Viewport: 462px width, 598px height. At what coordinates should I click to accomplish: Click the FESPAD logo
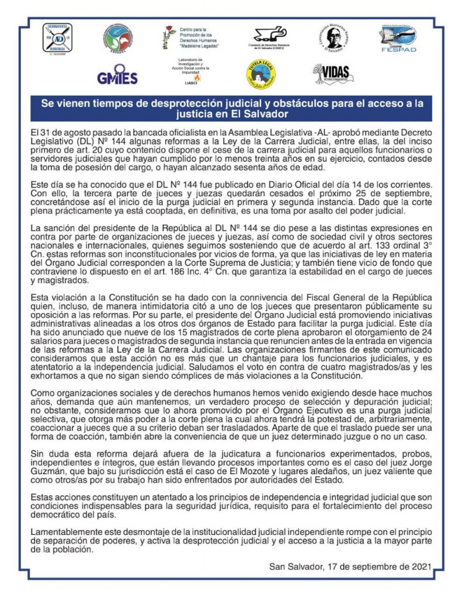pyautogui.click(x=398, y=39)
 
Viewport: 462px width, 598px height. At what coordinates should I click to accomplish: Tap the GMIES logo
pyautogui.click(x=117, y=78)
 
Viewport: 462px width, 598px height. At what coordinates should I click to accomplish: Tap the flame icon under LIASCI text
pyautogui.click(x=196, y=77)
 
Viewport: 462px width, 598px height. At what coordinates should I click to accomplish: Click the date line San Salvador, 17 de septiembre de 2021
pyautogui.click(x=350, y=566)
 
